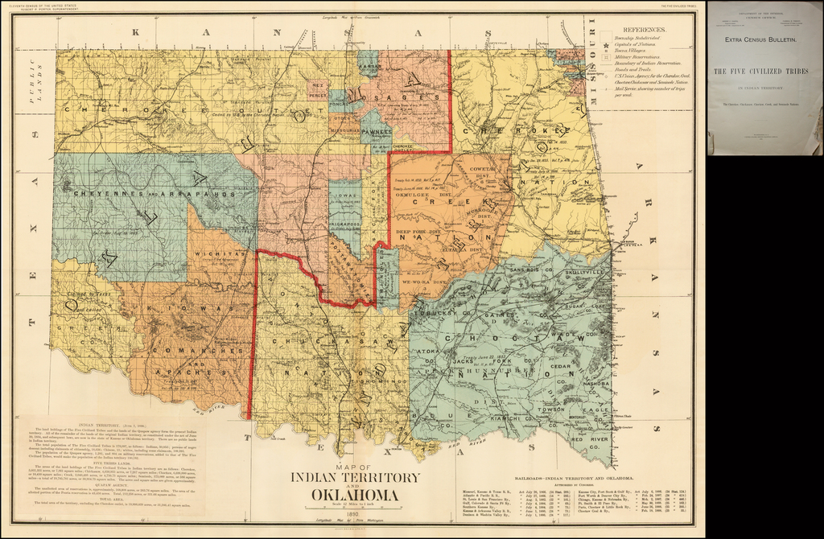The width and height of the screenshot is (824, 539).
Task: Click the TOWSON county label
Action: click(x=552, y=409)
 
